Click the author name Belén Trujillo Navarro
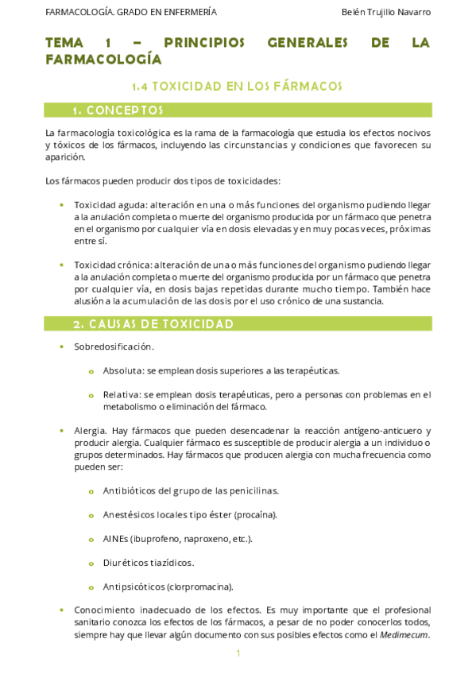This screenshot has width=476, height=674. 385,12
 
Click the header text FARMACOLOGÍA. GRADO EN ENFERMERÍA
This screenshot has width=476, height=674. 131,12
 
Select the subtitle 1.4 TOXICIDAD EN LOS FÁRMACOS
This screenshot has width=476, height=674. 238,86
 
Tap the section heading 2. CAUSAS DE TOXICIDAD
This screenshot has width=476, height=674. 153,323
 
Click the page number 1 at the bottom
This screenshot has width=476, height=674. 238,653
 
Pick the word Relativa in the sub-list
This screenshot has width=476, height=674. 121,394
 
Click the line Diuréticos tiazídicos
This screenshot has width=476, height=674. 148,562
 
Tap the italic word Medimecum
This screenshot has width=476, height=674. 404,634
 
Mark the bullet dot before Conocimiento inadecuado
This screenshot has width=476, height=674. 62,610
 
